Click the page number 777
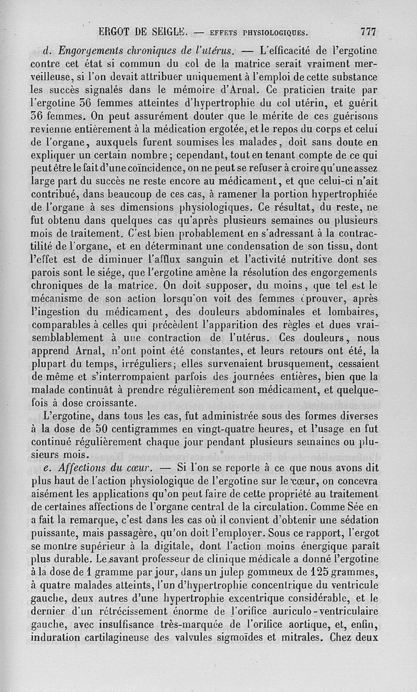368,32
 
